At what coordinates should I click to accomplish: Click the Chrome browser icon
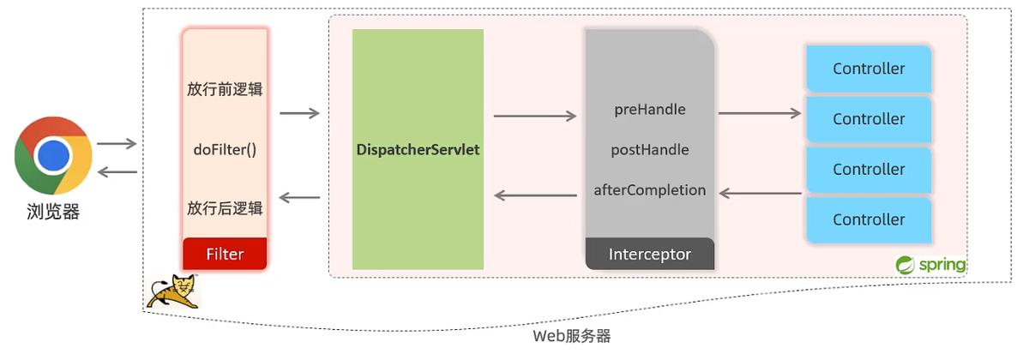pos(53,155)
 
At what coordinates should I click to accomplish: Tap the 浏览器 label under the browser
pos(53,212)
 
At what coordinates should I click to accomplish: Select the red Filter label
pos(225,254)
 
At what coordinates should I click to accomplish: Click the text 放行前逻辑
pos(225,90)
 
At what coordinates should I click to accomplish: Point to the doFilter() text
pos(225,150)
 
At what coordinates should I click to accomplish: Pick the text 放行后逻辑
pos(225,208)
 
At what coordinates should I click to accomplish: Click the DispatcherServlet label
pos(418,150)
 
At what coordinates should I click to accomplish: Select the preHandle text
pos(650,110)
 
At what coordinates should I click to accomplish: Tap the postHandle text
pos(650,150)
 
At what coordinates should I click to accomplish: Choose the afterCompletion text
pos(650,190)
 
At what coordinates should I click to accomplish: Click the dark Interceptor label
pos(650,255)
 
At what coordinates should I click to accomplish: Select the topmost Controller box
pos(869,69)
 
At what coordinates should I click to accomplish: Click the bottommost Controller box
pos(869,219)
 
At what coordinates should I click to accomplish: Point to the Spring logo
pos(930,265)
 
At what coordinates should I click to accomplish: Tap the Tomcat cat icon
pos(172,292)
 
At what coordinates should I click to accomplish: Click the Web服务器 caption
pos(572,336)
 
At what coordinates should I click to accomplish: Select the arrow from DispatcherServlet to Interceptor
pos(535,116)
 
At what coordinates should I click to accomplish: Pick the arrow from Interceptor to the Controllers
pos(760,112)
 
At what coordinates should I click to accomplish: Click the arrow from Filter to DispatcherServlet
pos(299,112)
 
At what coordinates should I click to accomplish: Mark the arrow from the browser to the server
pos(117,144)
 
